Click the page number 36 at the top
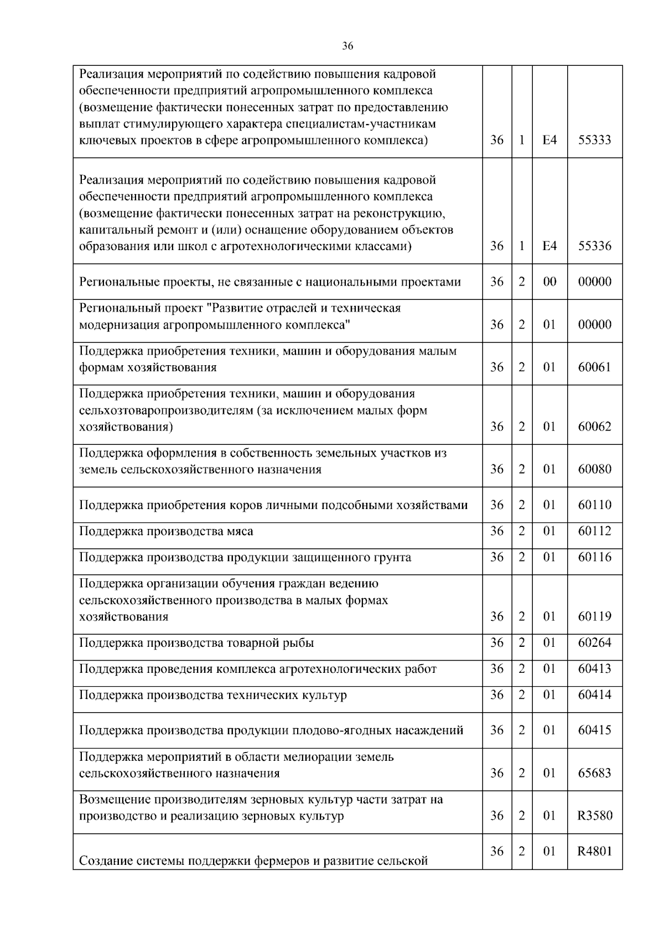(x=347, y=46)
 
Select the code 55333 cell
(x=594, y=140)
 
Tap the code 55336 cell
(x=594, y=246)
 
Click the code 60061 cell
(x=594, y=367)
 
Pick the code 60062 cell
(x=594, y=427)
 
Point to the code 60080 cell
(x=594, y=469)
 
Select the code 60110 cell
(x=594, y=505)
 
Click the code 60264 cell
(x=594, y=642)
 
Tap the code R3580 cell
(x=594, y=816)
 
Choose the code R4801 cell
(x=594, y=851)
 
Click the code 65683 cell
(x=594, y=773)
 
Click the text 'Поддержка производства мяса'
(x=166, y=531)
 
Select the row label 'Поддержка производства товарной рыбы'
(x=196, y=643)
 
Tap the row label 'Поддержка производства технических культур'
(x=213, y=695)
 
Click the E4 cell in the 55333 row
(x=549, y=140)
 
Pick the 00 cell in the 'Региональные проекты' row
(x=549, y=282)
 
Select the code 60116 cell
(x=594, y=557)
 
